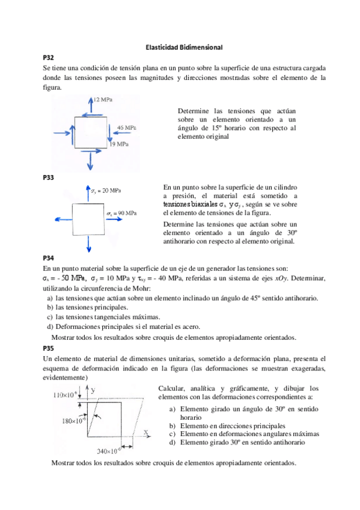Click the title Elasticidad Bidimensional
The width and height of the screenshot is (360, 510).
[x=185, y=46]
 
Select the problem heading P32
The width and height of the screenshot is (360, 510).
[x=49, y=57]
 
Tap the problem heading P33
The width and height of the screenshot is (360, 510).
[x=49, y=177]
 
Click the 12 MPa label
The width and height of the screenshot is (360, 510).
[x=102, y=99]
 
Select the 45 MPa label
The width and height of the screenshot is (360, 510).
[x=126, y=128]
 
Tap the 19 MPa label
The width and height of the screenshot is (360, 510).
[x=118, y=144]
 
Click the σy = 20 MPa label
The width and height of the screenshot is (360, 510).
[x=107, y=191]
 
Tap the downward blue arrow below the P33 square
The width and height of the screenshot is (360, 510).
[x=89, y=244]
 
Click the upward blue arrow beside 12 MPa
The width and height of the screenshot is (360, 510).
[x=90, y=105]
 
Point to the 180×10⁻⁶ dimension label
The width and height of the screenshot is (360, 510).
[x=74, y=421]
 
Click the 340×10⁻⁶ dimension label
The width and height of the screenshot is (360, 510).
[x=109, y=450]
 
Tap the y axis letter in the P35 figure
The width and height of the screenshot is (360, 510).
[x=93, y=390]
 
